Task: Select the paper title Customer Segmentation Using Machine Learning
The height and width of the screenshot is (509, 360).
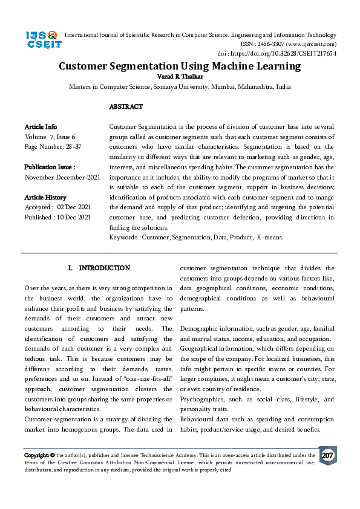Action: [179, 66]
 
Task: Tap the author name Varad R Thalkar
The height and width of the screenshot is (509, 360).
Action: [179, 76]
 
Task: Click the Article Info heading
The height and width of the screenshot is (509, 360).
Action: [41, 127]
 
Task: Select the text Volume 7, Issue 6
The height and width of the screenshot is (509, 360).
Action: [50, 137]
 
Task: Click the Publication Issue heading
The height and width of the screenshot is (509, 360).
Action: [50, 167]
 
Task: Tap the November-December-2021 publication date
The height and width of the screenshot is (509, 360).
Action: [62, 177]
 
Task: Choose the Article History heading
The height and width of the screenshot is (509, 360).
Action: [45, 198]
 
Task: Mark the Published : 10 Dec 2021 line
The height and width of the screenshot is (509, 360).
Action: [57, 217]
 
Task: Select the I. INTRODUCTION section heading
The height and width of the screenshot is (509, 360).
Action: [99, 268]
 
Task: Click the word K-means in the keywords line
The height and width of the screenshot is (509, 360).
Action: [270, 238]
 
